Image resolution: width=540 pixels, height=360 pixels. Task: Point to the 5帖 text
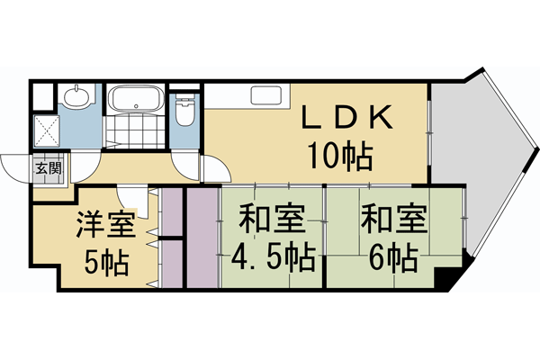(106, 264)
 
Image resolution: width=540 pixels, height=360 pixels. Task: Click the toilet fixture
(185, 112)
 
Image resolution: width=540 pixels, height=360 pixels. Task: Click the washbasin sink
(77, 96)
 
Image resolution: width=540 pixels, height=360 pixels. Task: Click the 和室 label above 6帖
(392, 220)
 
